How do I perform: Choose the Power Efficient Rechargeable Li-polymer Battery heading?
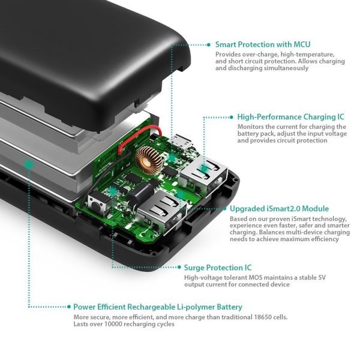(x=158, y=307)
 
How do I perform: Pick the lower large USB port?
(x=159, y=213)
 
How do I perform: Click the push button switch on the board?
(x=95, y=203)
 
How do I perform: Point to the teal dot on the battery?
(x=28, y=163)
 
